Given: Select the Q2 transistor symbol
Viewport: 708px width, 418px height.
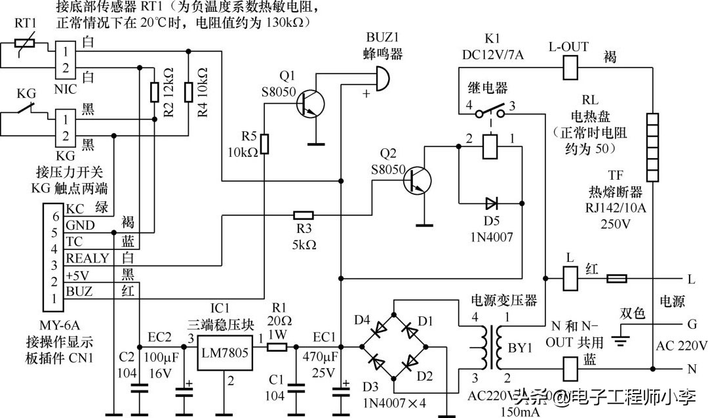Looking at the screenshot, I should pyautogui.click(x=415, y=177).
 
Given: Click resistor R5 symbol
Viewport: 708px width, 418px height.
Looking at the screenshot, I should pyautogui.click(x=264, y=143).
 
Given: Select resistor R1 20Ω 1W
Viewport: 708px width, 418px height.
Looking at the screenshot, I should pyautogui.click(x=277, y=346).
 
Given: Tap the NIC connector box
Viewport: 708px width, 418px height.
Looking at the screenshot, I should pyautogui.click(x=65, y=58).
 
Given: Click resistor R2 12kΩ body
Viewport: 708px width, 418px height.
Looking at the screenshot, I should pyautogui.click(x=155, y=92).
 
